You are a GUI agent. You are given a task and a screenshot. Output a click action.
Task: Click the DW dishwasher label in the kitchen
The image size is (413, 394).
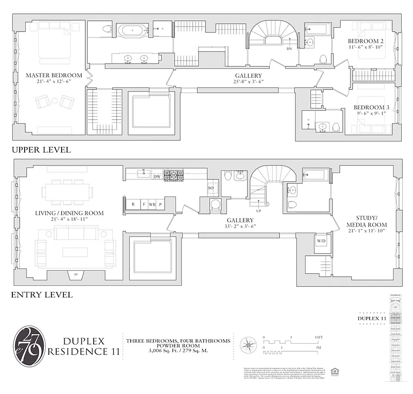[x=157, y=176]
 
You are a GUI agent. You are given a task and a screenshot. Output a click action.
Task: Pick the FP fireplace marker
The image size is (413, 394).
[x=75, y=274]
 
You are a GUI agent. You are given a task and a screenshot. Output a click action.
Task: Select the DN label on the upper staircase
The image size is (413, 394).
[x=289, y=49]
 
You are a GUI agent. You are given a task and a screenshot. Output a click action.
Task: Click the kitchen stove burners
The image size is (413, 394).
[x=173, y=174]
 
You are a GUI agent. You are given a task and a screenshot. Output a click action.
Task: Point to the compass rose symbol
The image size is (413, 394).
[x=248, y=344]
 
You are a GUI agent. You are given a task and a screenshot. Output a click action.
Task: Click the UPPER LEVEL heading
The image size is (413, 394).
[x=41, y=150]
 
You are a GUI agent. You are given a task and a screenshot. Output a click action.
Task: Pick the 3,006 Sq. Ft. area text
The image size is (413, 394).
[x=177, y=351]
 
